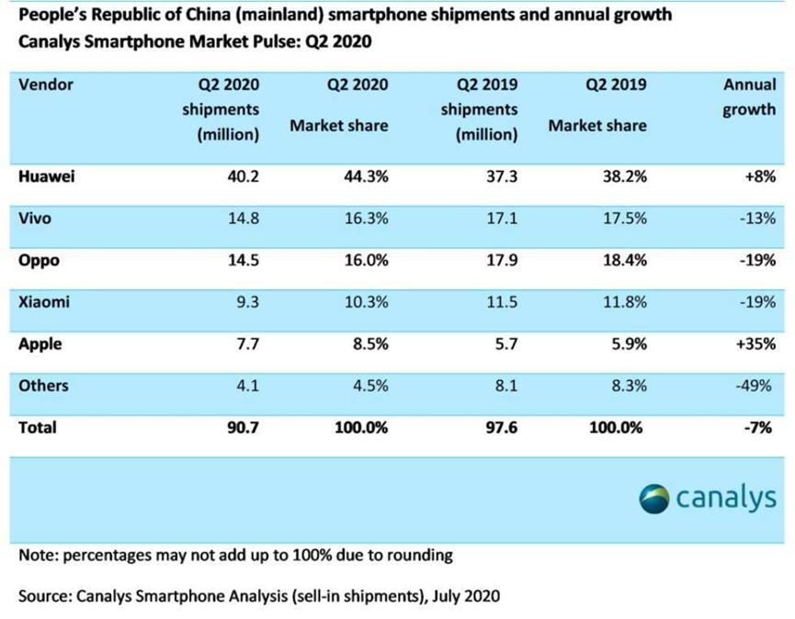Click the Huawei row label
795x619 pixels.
click(46, 177)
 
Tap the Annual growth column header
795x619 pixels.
click(750, 96)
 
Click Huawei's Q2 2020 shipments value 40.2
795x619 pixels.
click(243, 177)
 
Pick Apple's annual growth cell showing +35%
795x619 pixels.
click(756, 344)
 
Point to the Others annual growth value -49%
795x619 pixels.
click(757, 387)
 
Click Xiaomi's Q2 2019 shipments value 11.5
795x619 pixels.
click(501, 302)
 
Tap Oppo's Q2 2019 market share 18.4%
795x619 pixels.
click(624, 261)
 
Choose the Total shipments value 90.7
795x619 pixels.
click(243, 428)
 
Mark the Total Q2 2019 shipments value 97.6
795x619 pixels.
click(501, 428)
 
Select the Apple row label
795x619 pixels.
click(40, 344)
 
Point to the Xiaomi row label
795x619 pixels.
click(44, 302)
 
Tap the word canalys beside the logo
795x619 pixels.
click(727, 498)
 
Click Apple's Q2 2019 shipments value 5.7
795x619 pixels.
click(505, 344)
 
